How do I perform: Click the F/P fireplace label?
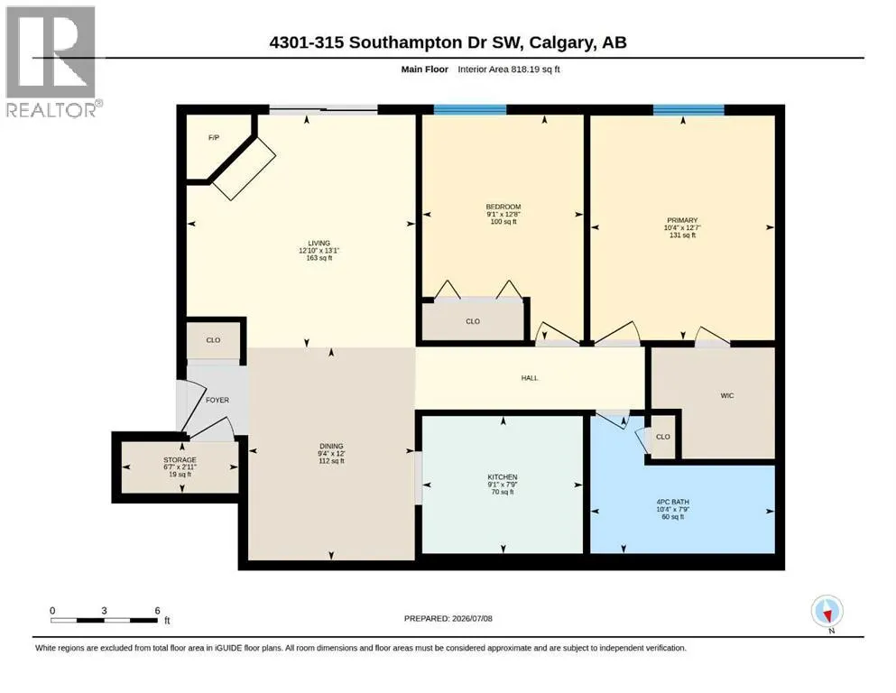click(214, 138)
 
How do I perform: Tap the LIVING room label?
click(319, 243)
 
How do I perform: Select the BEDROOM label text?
click(503, 207)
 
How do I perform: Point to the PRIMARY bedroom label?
click(682, 220)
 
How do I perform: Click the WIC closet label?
click(727, 395)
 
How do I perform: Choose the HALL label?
click(530, 378)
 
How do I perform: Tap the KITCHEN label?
click(503, 477)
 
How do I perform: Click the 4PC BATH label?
click(672, 503)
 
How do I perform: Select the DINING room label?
click(331, 446)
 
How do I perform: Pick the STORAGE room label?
click(180, 460)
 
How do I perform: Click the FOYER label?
click(217, 400)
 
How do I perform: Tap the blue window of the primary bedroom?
click(688, 110)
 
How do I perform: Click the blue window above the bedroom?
click(470, 110)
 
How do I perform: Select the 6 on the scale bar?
click(157, 610)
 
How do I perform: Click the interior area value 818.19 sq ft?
click(509, 69)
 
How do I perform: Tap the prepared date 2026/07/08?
click(472, 618)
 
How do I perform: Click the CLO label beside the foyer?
click(213, 340)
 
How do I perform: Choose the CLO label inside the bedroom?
click(473, 321)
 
